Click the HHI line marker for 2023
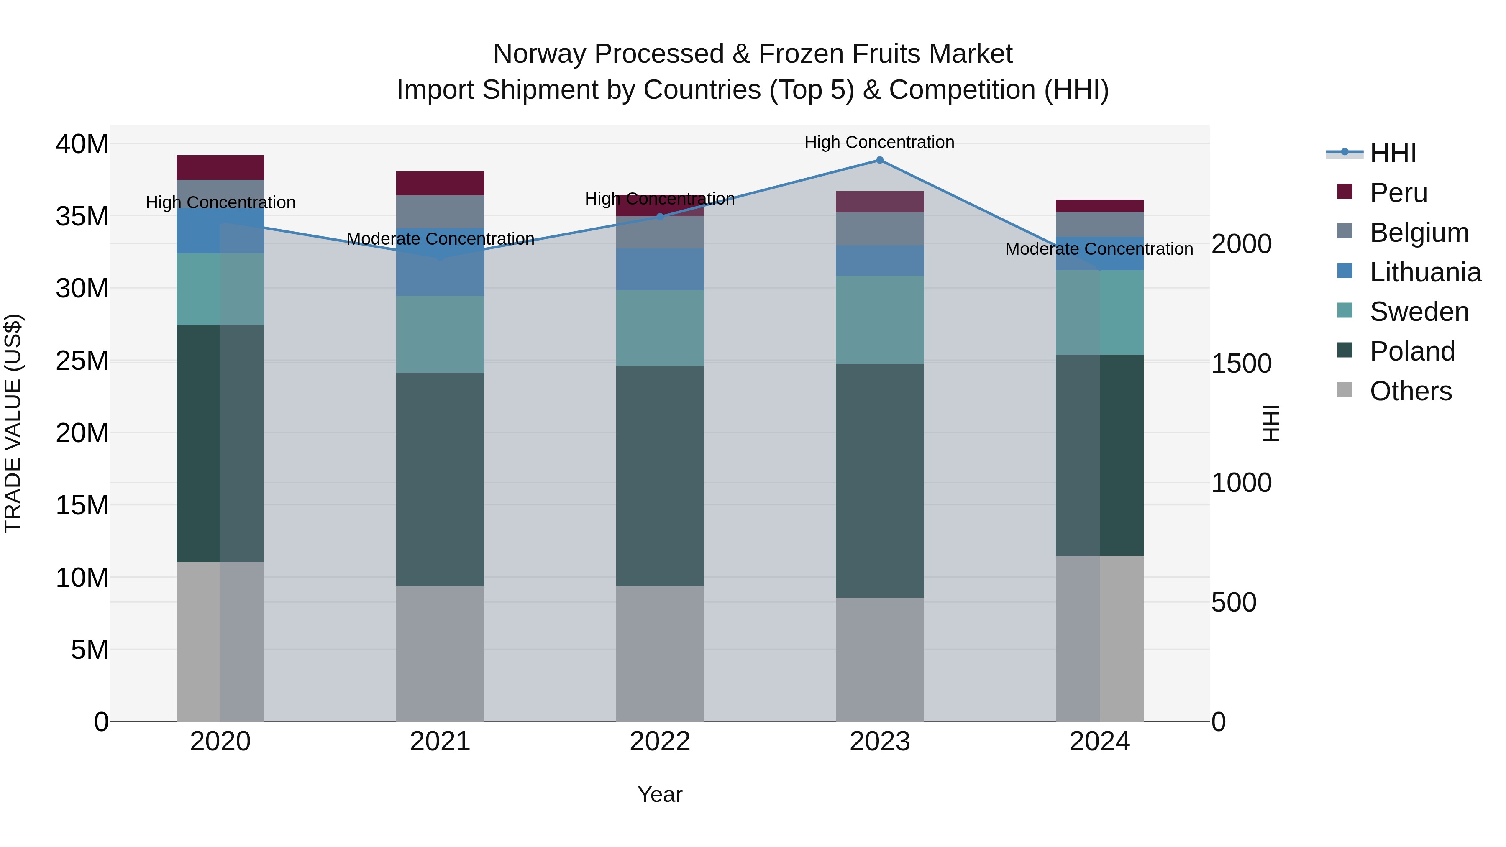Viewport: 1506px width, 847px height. pyautogui.click(x=879, y=160)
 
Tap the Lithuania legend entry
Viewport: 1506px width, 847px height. pyautogui.click(x=1425, y=272)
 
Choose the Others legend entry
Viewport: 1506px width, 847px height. pyautogui.click(x=1410, y=391)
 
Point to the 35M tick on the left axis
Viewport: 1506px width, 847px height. pyautogui.click(x=82, y=216)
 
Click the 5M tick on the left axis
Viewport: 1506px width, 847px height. pyautogui.click(x=90, y=650)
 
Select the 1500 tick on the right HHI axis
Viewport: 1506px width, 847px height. pyautogui.click(x=1241, y=363)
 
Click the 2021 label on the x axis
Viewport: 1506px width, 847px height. pyautogui.click(x=440, y=742)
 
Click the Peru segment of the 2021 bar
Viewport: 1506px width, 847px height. pyautogui.click(x=440, y=184)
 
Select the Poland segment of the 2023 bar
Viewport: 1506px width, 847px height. pyautogui.click(x=879, y=481)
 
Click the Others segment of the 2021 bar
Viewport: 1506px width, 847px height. pyautogui.click(x=440, y=653)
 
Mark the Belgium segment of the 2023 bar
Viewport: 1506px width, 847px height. pyautogui.click(x=879, y=229)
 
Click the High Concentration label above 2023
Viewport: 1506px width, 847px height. pyautogui.click(x=879, y=143)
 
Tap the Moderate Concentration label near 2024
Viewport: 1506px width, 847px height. pyautogui.click(x=1099, y=249)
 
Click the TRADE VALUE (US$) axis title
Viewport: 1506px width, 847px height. pyautogui.click(x=13, y=423)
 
